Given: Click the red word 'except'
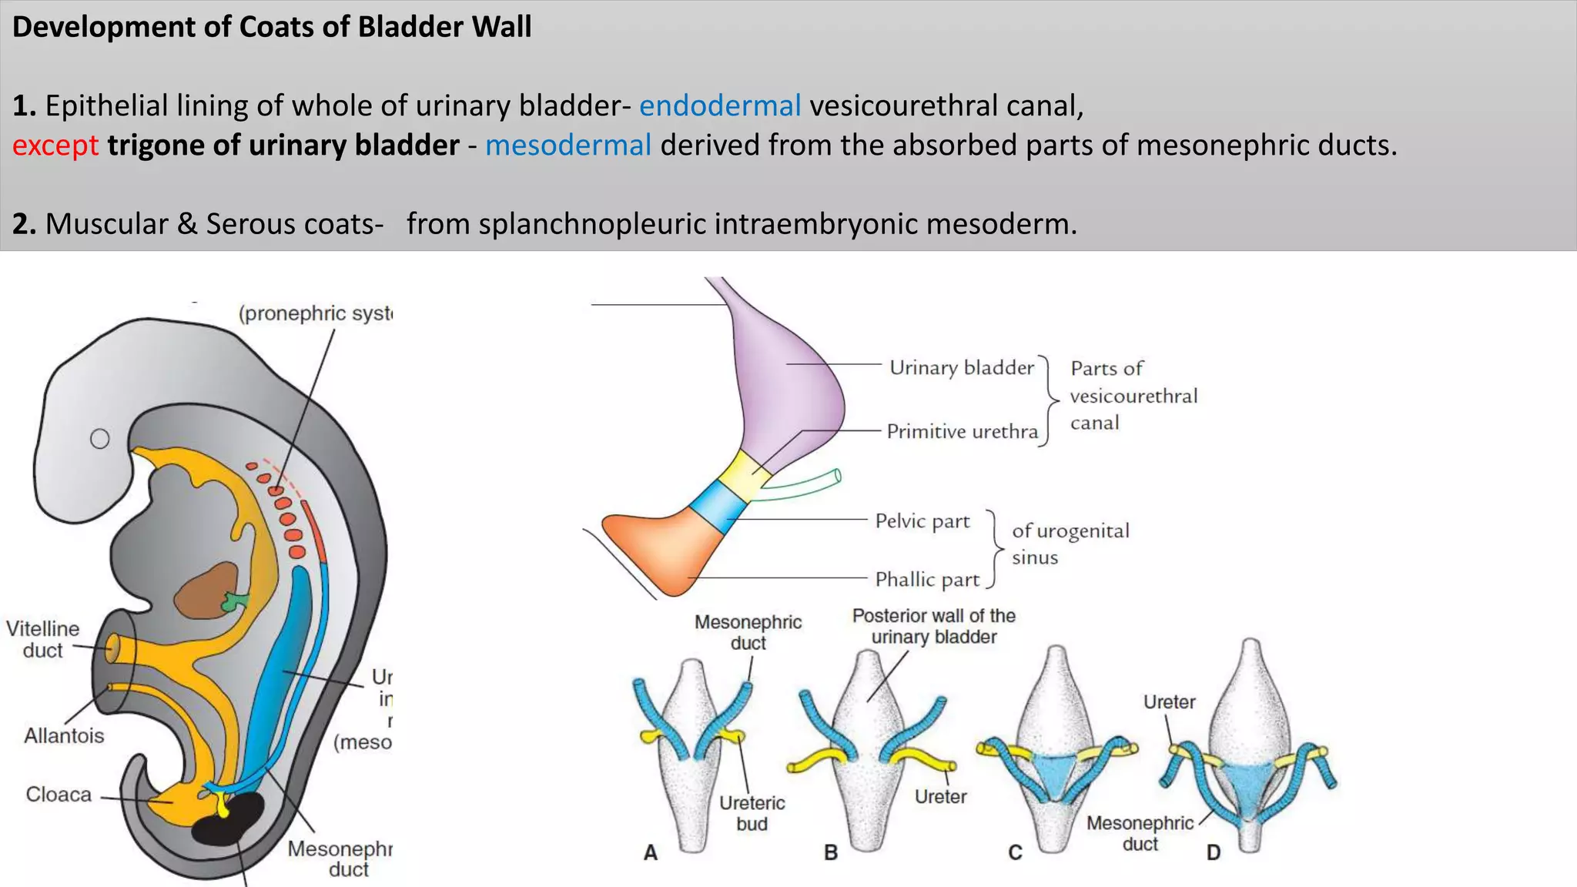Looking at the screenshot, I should click(x=55, y=146).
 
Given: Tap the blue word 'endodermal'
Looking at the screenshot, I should click(x=720, y=105).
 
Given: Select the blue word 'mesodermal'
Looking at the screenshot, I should click(x=568, y=146).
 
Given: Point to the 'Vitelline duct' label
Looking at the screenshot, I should click(x=43, y=639).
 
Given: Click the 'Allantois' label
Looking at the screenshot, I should click(x=64, y=735).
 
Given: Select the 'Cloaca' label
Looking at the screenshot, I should click(x=59, y=794).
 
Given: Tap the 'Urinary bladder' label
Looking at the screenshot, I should click(x=961, y=367).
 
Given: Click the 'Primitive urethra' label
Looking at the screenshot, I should click(x=962, y=431).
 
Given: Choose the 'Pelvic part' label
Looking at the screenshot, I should click(x=922, y=521).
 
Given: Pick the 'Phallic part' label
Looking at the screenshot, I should click(x=927, y=579).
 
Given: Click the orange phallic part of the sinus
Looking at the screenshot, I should click(x=662, y=551).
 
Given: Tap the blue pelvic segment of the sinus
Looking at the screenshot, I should click(x=718, y=506).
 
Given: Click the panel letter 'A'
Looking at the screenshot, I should click(x=651, y=852).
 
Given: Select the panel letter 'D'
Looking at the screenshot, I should click(x=1213, y=852).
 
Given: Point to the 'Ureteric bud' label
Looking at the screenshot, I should click(x=752, y=813).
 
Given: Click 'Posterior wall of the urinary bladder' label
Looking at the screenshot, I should click(x=933, y=626).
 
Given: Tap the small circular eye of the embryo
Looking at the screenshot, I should click(x=100, y=439).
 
